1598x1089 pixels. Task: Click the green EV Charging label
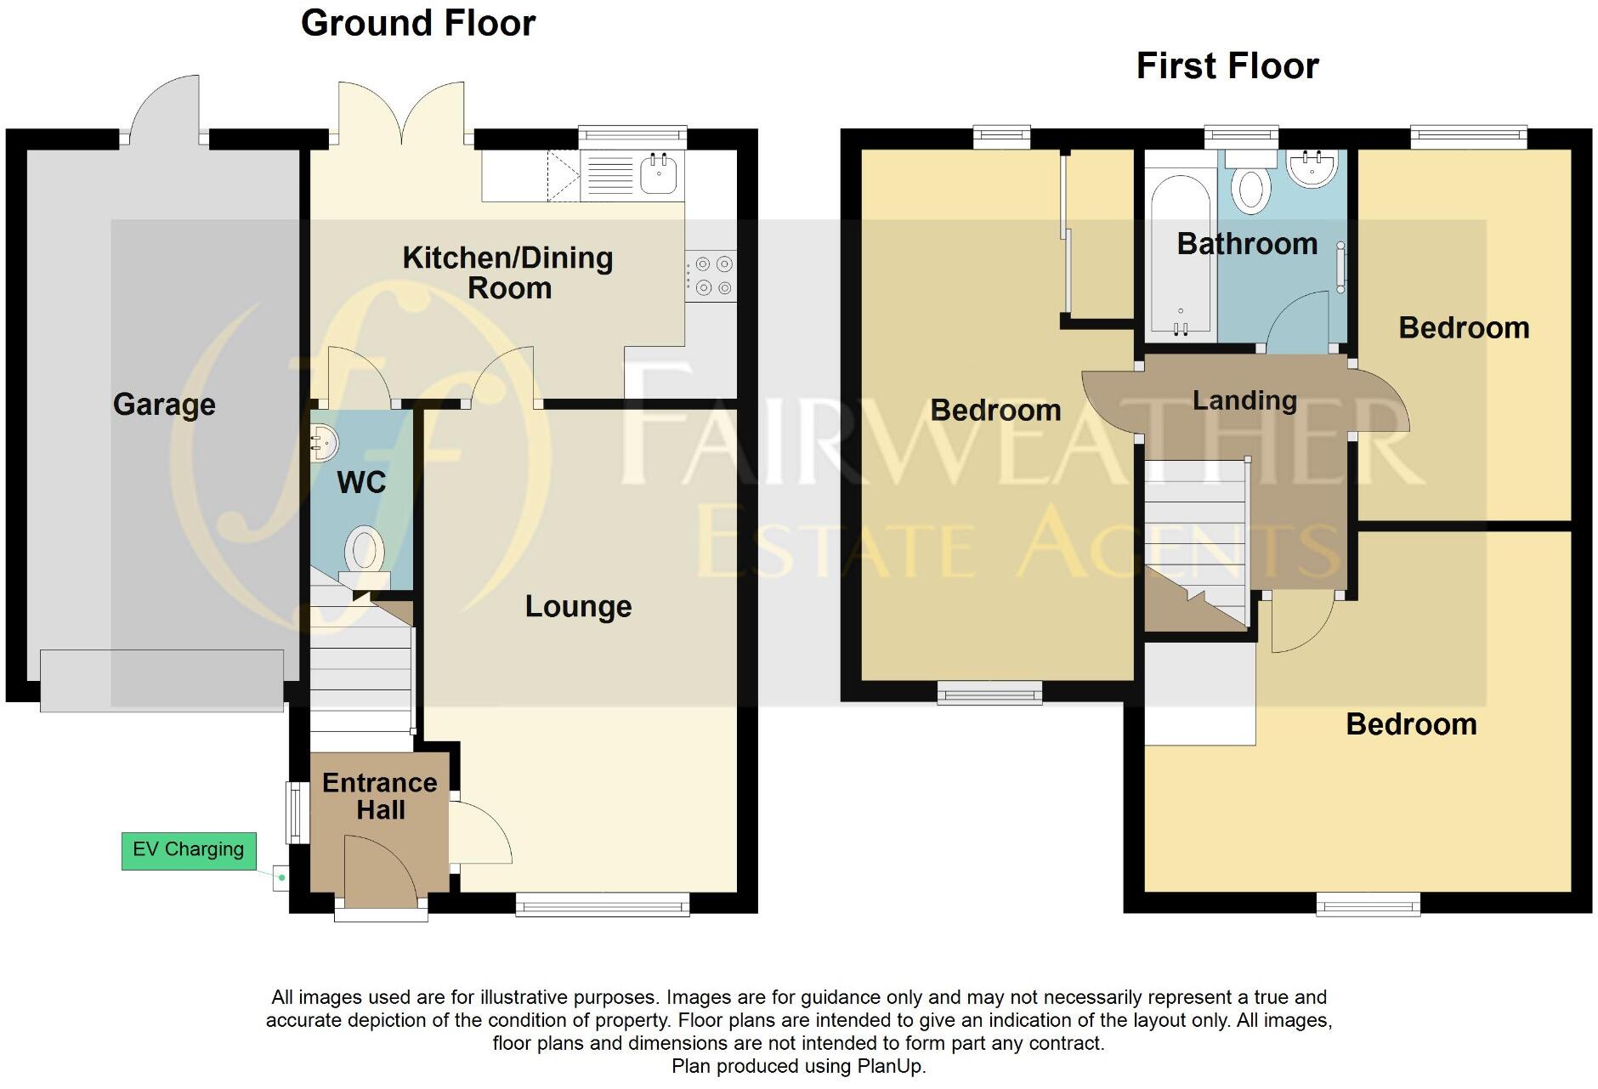tap(189, 850)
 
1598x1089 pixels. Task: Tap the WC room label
tap(361, 483)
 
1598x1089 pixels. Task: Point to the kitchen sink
tap(658, 174)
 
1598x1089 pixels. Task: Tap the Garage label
tap(164, 405)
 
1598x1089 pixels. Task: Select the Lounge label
tap(578, 606)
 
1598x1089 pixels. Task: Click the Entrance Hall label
tap(380, 796)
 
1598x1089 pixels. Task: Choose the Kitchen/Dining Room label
tap(508, 272)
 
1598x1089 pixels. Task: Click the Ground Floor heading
tap(418, 23)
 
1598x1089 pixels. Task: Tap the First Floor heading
tap(1227, 65)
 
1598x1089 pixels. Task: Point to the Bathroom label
tap(1247, 244)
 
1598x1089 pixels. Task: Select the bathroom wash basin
tap(1312, 167)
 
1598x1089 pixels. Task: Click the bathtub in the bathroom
tap(1180, 255)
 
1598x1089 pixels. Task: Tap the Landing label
tap(1244, 400)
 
